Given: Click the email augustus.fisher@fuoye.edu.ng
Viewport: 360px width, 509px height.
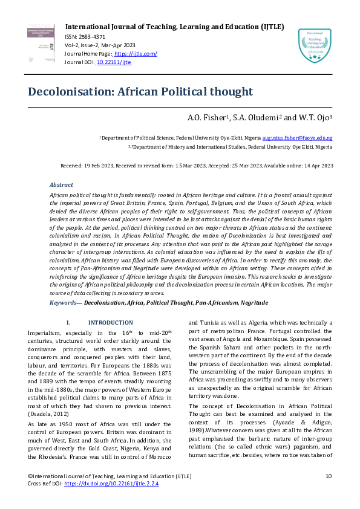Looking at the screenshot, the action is (x=297, y=138).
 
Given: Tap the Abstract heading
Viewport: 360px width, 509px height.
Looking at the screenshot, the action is (x=61, y=185).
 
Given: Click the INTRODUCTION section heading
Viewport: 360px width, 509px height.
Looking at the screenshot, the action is (x=110, y=323).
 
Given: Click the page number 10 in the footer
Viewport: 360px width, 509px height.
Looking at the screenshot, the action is (x=329, y=477).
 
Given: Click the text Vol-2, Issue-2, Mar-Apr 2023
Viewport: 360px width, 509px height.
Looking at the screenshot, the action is (x=100, y=46).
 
